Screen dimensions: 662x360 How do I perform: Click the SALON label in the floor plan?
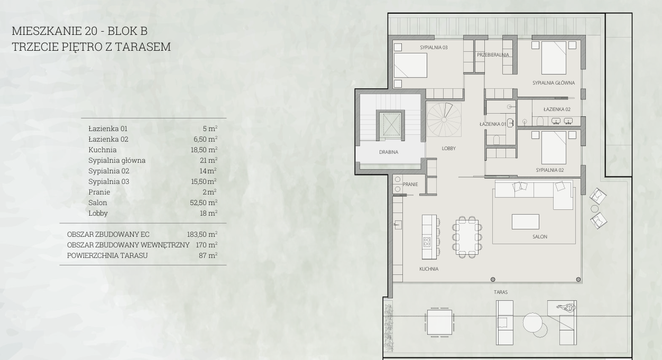tap(540, 236)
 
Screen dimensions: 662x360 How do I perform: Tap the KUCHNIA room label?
tap(429, 269)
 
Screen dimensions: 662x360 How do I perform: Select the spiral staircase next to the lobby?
tap(444, 119)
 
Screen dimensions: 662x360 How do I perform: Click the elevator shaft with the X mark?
tap(390, 124)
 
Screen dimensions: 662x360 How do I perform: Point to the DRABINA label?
tap(389, 152)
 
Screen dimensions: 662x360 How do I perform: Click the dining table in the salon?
tap(467, 237)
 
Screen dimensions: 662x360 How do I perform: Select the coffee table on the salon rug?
tap(525, 221)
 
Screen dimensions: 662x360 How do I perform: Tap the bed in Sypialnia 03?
tap(410, 66)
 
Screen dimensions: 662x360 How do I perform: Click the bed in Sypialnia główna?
tap(554, 58)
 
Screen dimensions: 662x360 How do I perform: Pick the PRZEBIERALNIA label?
tap(493, 55)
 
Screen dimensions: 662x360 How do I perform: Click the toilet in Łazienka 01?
tap(497, 140)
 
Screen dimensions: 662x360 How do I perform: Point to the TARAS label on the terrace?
tap(501, 292)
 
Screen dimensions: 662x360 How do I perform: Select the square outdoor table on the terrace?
tap(439, 322)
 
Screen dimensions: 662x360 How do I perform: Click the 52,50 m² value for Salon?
tap(204, 202)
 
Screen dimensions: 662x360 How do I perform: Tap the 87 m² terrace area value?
tap(208, 255)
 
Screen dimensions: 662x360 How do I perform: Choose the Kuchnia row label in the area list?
tap(102, 150)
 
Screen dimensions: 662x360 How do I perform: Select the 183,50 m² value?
tap(202, 234)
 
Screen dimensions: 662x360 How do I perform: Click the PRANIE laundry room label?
tap(410, 184)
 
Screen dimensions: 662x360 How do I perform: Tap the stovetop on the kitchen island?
tap(427, 242)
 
